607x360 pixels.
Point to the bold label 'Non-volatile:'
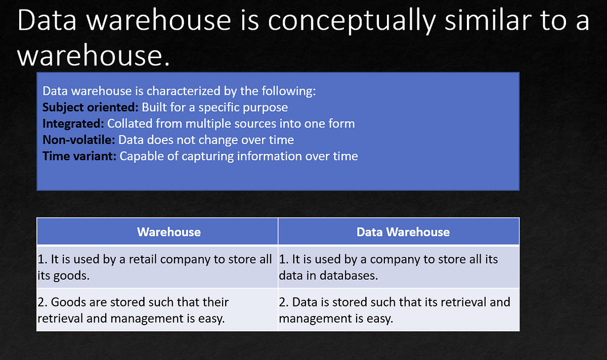79,140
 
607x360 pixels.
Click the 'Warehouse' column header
169,232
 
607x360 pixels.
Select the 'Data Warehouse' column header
403,232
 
